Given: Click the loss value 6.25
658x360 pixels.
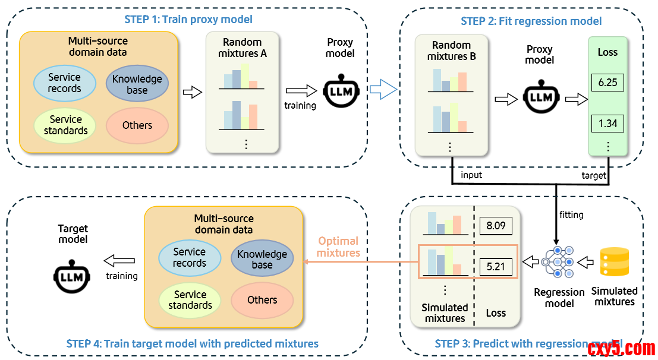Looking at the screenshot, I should click(x=607, y=82).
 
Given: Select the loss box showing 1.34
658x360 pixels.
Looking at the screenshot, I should click(x=607, y=124).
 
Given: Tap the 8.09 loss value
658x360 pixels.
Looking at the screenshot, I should click(x=495, y=226).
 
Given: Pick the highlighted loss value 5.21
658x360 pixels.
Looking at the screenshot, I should click(x=495, y=267).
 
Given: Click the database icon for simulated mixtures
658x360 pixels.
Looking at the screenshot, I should click(x=615, y=261).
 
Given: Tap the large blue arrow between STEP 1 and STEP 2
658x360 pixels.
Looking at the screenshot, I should click(x=383, y=90).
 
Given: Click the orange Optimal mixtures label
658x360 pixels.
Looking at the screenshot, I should click(x=338, y=247).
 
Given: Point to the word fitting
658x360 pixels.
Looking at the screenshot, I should click(x=571, y=214).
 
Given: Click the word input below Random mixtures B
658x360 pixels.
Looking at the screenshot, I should click(x=471, y=175).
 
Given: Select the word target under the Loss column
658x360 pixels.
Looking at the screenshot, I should click(x=594, y=175).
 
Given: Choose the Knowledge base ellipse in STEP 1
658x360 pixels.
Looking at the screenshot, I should click(x=137, y=84).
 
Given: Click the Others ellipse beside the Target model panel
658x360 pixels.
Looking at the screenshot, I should click(x=262, y=299).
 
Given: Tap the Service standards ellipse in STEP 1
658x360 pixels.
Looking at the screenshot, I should click(x=65, y=125).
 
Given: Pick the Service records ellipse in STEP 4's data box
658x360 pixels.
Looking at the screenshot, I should click(x=190, y=257).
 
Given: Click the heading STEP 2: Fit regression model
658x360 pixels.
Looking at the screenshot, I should click(x=531, y=21).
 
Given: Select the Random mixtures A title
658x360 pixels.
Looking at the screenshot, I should click(x=242, y=48).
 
